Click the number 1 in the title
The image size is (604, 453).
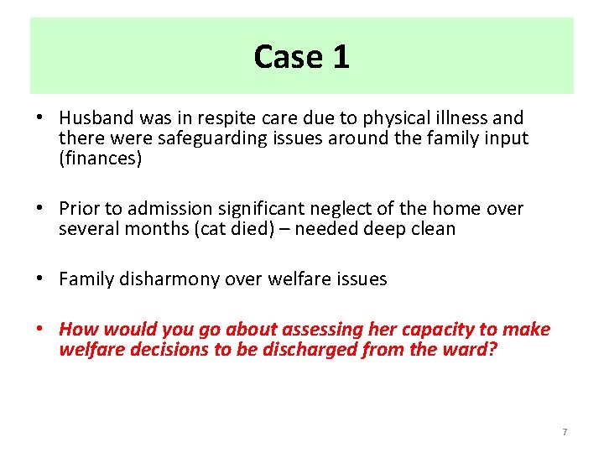coord(341,57)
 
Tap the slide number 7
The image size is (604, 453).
coord(565,432)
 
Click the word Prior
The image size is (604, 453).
coord(81,208)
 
